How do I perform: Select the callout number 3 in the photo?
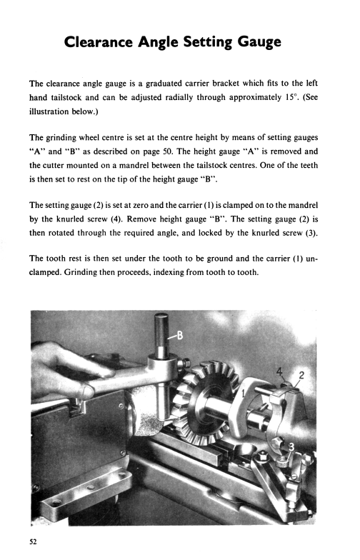291,449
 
